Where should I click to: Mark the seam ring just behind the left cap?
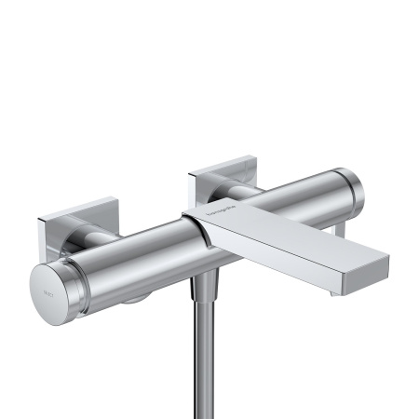point(82,277)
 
